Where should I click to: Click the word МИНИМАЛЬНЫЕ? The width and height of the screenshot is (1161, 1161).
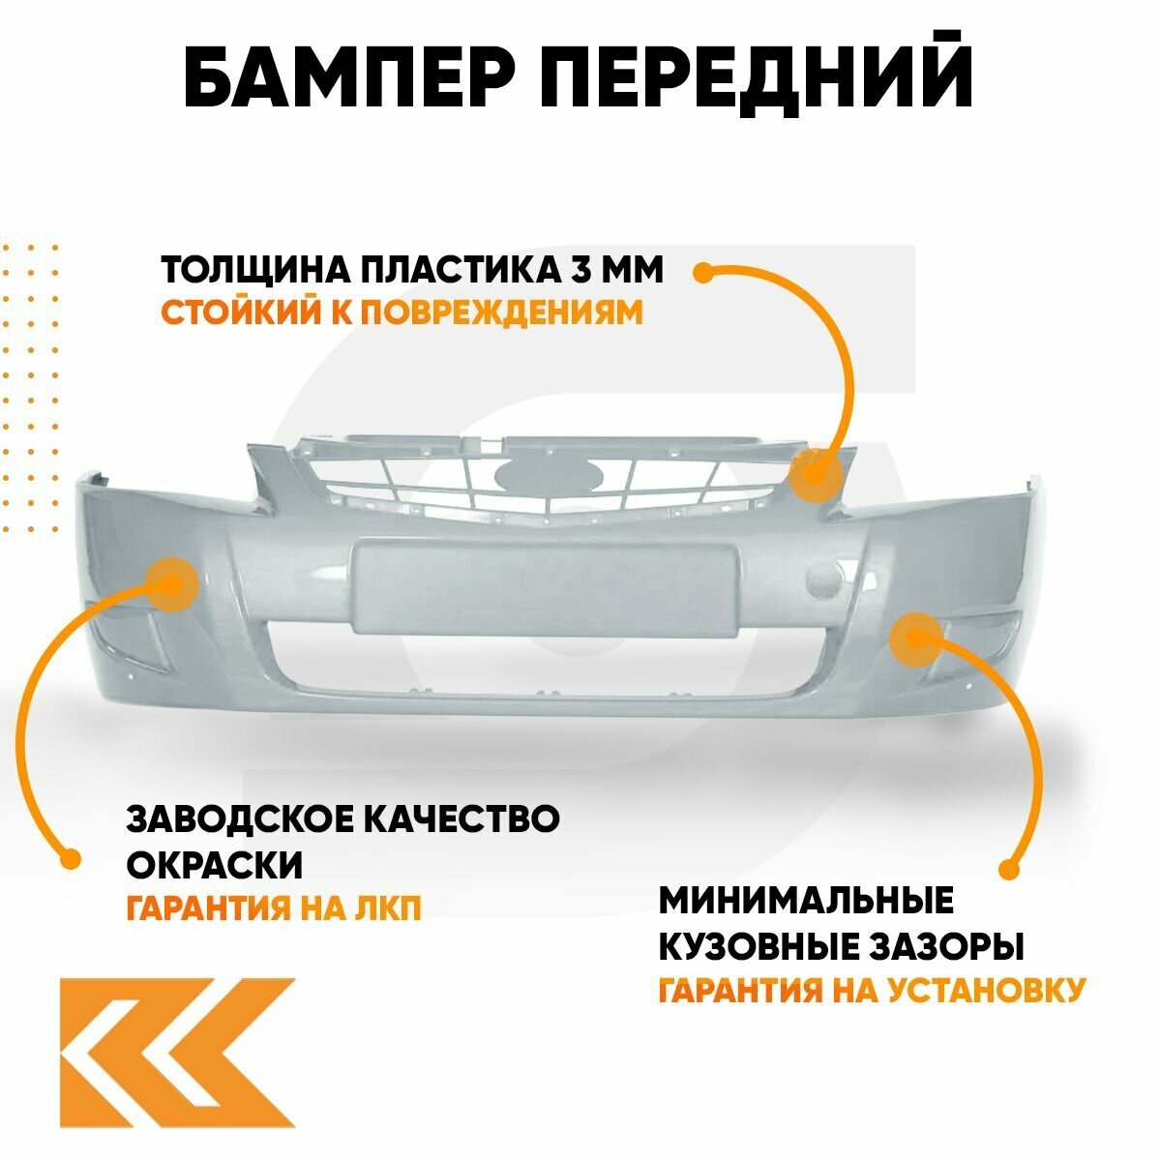tap(806, 900)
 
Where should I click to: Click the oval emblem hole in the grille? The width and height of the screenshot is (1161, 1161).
tap(549, 475)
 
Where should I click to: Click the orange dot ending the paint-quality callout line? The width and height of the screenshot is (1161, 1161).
tap(69, 858)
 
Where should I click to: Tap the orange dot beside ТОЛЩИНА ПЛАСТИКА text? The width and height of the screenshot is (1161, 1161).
tap(703, 272)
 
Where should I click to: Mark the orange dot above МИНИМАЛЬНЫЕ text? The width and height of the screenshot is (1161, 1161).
tap(1008, 870)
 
